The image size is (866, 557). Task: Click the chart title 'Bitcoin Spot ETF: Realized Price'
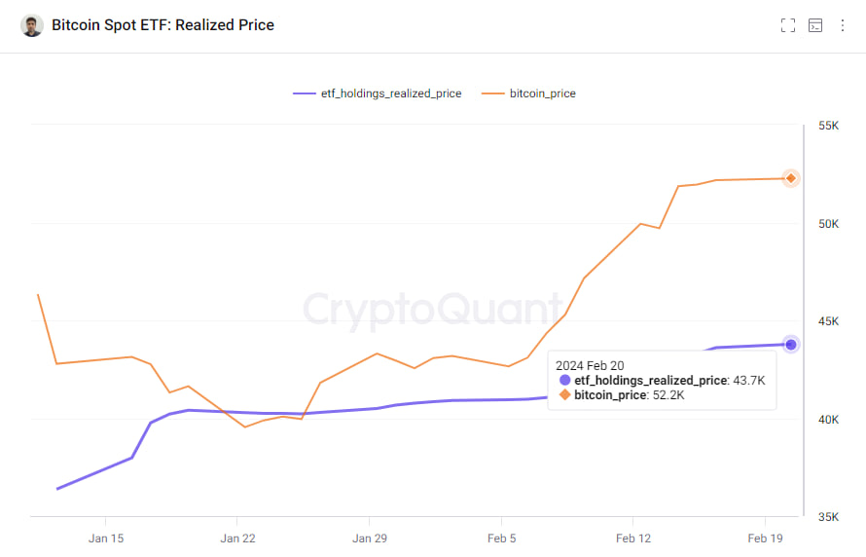tap(162, 25)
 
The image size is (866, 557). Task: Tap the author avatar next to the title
tap(32, 25)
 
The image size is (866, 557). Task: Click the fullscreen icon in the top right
tap(788, 25)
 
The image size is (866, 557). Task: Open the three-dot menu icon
tap(843, 25)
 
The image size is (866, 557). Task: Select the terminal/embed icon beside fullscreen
tap(815, 25)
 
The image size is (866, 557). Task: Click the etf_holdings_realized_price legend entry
tap(378, 93)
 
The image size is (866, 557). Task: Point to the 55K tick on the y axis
tap(828, 126)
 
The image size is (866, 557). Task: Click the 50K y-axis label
tap(828, 224)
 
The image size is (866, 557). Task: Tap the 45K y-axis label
tap(828, 321)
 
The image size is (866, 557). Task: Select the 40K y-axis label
tap(828, 420)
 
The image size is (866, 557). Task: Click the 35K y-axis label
tap(828, 517)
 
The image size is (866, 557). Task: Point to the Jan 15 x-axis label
tap(105, 538)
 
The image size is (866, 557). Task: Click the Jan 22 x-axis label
tap(237, 538)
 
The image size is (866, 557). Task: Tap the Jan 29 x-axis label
tap(370, 538)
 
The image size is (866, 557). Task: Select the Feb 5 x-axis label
tap(501, 538)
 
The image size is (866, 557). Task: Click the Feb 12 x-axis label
tap(633, 538)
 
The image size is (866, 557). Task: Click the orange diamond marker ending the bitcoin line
tap(791, 178)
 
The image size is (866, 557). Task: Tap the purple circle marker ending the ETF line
tap(791, 344)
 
